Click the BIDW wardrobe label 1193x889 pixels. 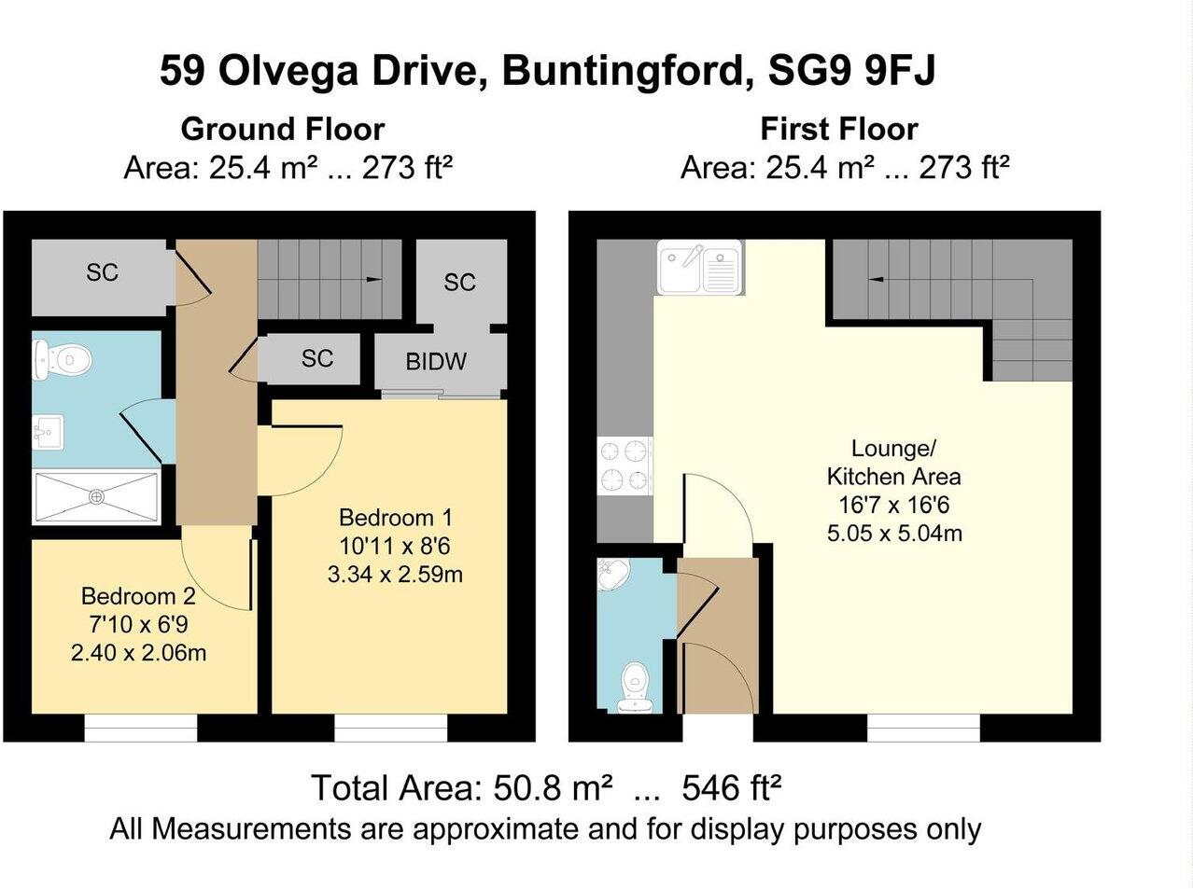pyautogui.click(x=436, y=362)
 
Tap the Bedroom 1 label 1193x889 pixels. pyautogui.click(x=395, y=518)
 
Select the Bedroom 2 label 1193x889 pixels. pyautogui.click(x=138, y=596)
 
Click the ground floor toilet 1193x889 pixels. pyautogui.click(x=62, y=360)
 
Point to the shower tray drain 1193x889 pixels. pyautogui.click(x=97, y=496)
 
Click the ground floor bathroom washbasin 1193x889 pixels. pyautogui.click(x=48, y=432)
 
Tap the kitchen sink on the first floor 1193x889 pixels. pyautogui.click(x=699, y=268)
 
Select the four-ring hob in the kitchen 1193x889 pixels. pyautogui.click(x=625, y=465)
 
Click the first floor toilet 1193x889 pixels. pyautogui.click(x=634, y=688)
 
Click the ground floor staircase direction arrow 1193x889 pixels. pyautogui.click(x=373, y=280)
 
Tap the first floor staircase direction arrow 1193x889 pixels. pyautogui.click(x=877, y=280)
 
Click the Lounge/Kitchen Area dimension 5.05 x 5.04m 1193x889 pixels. pyautogui.click(x=894, y=534)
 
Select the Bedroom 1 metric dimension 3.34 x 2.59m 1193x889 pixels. pyautogui.click(x=395, y=574)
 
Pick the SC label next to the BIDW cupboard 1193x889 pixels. pyautogui.click(x=317, y=358)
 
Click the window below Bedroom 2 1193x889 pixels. pyautogui.click(x=141, y=728)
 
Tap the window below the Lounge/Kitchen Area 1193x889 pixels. pyautogui.click(x=923, y=728)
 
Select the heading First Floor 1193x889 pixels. pyautogui.click(x=839, y=130)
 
